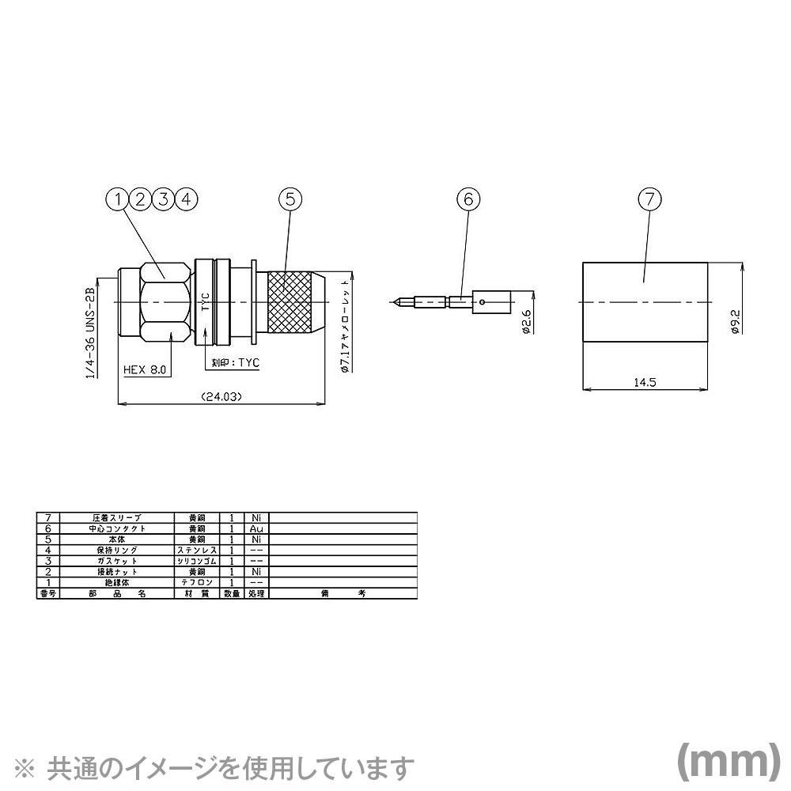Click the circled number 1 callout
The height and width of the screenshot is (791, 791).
click(117, 199)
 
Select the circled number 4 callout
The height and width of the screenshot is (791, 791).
click(185, 199)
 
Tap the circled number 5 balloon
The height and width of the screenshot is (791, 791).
click(290, 199)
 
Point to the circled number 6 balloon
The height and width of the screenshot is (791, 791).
click(467, 199)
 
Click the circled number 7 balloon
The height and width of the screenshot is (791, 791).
click(649, 199)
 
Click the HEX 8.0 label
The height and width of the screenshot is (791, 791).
click(147, 369)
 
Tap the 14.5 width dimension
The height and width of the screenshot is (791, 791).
click(645, 382)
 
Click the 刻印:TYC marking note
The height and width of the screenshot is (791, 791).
click(236, 363)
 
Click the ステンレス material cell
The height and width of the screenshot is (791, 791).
click(196, 549)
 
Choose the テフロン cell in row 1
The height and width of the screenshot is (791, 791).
click(196, 581)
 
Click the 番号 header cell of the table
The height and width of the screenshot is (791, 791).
click(48, 592)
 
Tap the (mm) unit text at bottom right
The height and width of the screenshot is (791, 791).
click(724, 760)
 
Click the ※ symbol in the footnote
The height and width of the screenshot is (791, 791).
click(26, 766)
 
